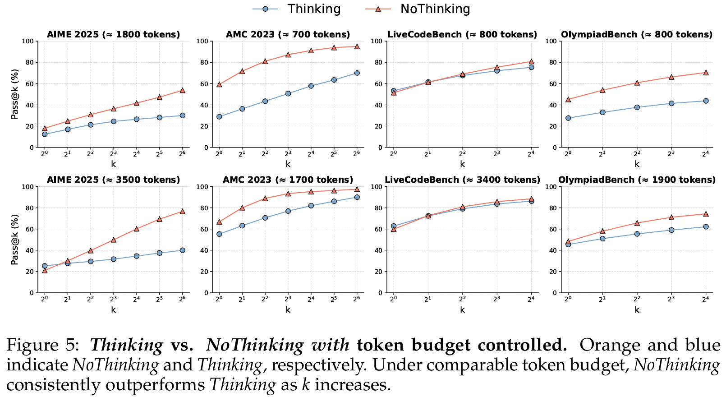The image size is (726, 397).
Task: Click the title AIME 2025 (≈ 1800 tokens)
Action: coord(113,34)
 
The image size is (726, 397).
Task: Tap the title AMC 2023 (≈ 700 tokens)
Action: coord(288,34)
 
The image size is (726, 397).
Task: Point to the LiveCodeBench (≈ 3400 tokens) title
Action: coord(462,180)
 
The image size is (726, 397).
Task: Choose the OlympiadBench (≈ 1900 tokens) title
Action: coord(637,180)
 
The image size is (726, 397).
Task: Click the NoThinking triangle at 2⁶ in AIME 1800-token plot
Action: coord(182,90)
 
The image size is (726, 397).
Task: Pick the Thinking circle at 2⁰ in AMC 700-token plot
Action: coord(219,117)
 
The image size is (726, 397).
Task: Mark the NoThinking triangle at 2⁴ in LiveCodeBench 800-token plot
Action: coord(531,61)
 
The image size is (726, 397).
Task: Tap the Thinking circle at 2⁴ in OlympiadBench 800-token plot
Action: coord(706,101)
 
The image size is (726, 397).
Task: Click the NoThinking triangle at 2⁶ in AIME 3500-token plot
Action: coord(182,211)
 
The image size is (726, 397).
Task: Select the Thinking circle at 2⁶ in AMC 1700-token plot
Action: coord(357,197)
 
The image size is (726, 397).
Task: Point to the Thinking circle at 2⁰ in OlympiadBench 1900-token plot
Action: coord(568,245)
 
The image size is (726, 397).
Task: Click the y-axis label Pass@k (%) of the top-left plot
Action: coord(15,94)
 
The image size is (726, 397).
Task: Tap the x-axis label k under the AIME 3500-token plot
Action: coord(113,309)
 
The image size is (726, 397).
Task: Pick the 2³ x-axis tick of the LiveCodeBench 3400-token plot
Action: coord(496,299)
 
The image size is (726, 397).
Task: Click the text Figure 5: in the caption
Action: coord(43,346)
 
